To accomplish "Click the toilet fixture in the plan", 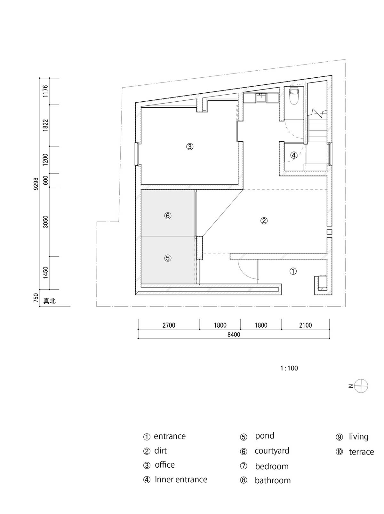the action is pos(294,97).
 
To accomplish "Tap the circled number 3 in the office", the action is pos(190,147).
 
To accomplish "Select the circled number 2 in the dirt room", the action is pos(264,221).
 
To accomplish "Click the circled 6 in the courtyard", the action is pos(168,216).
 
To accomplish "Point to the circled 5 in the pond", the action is pos(168,258).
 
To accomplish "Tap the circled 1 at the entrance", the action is pos(293,271).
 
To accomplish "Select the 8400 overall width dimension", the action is pos(234,334).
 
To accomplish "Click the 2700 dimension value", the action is pos(169,325).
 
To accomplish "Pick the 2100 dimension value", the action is pos(306,325).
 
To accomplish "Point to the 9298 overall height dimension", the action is pos(36,184).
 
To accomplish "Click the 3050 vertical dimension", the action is pos(45,222).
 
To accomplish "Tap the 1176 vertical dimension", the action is pos(45,91).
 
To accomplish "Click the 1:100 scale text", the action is pos(289,368).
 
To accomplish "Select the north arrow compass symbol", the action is pos(361,386).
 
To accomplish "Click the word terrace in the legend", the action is pos(361,452).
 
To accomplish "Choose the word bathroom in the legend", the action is pos(273,480).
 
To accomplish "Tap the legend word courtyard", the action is pos(272,451).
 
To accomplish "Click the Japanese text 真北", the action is pos(50,301).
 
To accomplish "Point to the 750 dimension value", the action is pos(36,298).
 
